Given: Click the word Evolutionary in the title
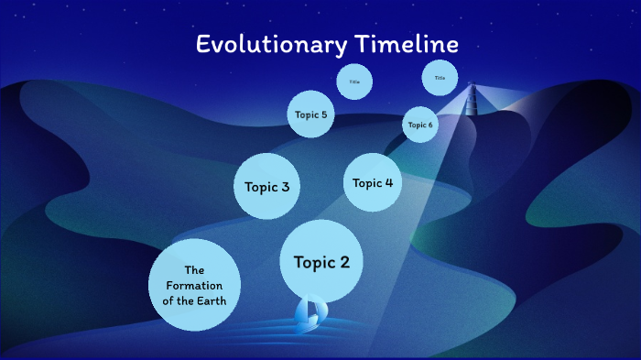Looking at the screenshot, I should [271, 45].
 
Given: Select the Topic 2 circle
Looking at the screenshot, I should [320, 262].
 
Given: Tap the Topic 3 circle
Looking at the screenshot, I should [267, 186].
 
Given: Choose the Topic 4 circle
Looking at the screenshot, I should [373, 182].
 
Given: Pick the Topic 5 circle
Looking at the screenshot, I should [310, 115].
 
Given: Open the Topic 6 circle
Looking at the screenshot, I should [420, 125].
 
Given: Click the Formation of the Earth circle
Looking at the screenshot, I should [193, 285].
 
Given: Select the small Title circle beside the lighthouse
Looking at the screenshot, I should [440, 78].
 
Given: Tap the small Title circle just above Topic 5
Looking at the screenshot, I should [354, 82].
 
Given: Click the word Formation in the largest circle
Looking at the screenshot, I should [193, 285].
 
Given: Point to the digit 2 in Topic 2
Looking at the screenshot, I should [343, 263].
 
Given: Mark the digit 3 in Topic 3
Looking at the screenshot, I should [285, 187].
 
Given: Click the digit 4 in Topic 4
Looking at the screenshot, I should [389, 183].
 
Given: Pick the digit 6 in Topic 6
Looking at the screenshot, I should [429, 125].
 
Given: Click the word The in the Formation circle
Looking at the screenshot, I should [193, 270].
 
